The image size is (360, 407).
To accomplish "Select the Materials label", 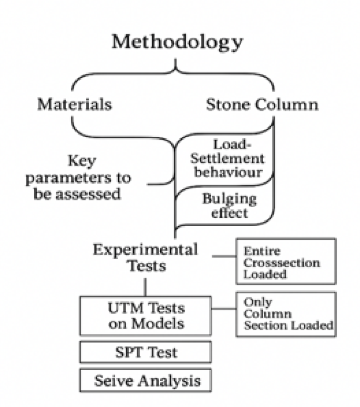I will (x=74, y=104).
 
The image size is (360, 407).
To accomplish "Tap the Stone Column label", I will (x=262, y=104).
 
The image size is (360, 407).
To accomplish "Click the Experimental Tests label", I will (x=146, y=257).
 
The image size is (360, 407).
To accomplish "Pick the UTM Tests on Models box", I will (x=146, y=316).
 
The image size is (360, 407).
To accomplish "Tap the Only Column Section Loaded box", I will (x=285, y=314).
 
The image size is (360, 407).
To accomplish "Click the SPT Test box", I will (x=146, y=352).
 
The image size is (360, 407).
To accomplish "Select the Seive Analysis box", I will (x=146, y=380).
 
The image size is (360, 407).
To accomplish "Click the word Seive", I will (x=112, y=380).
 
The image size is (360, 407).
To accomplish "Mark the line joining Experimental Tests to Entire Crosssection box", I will (x=224, y=257).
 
